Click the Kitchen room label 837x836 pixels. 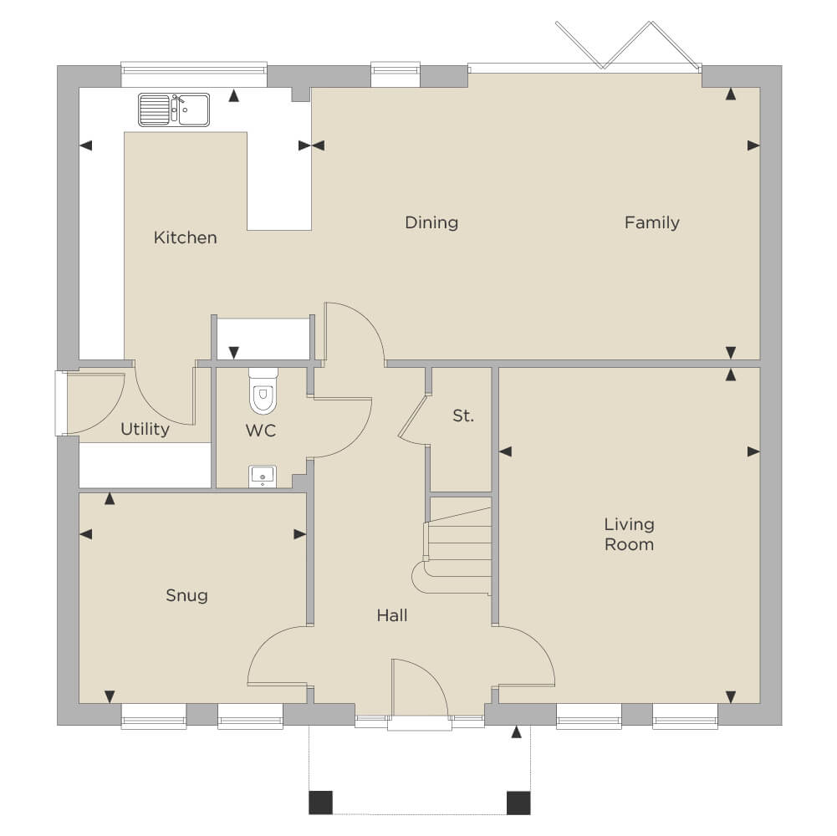click(x=186, y=237)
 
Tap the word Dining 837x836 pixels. click(x=431, y=222)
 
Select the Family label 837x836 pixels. click(x=651, y=222)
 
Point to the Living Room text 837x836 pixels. click(x=630, y=534)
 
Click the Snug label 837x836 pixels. click(x=186, y=596)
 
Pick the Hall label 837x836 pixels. click(x=392, y=615)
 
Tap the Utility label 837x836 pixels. click(x=145, y=429)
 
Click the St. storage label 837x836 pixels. click(x=462, y=415)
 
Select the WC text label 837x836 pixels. click(x=261, y=431)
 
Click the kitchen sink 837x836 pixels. click(x=174, y=110)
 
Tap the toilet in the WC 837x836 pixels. click(x=263, y=391)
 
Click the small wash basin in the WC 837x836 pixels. click(x=262, y=477)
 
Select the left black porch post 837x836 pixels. click(x=321, y=803)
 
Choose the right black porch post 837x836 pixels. click(x=518, y=803)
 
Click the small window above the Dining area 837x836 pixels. click(x=396, y=74)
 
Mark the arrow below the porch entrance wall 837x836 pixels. click(x=516, y=732)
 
